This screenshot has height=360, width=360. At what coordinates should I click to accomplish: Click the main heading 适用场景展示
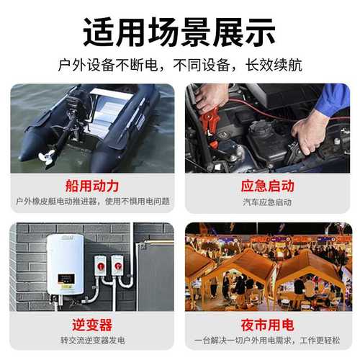(x=179, y=31)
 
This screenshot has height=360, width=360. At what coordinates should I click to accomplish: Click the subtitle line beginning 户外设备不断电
(x=179, y=65)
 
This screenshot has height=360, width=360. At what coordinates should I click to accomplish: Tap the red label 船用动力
(x=91, y=186)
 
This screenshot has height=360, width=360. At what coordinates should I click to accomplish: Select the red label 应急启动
(x=268, y=186)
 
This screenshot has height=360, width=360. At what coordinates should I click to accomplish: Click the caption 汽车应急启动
(x=268, y=202)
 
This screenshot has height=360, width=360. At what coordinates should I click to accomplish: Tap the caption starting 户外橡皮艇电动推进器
(x=91, y=202)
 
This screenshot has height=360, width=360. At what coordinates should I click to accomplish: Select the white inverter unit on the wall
(x=65, y=264)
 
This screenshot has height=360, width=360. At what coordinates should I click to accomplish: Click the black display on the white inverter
(x=64, y=275)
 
